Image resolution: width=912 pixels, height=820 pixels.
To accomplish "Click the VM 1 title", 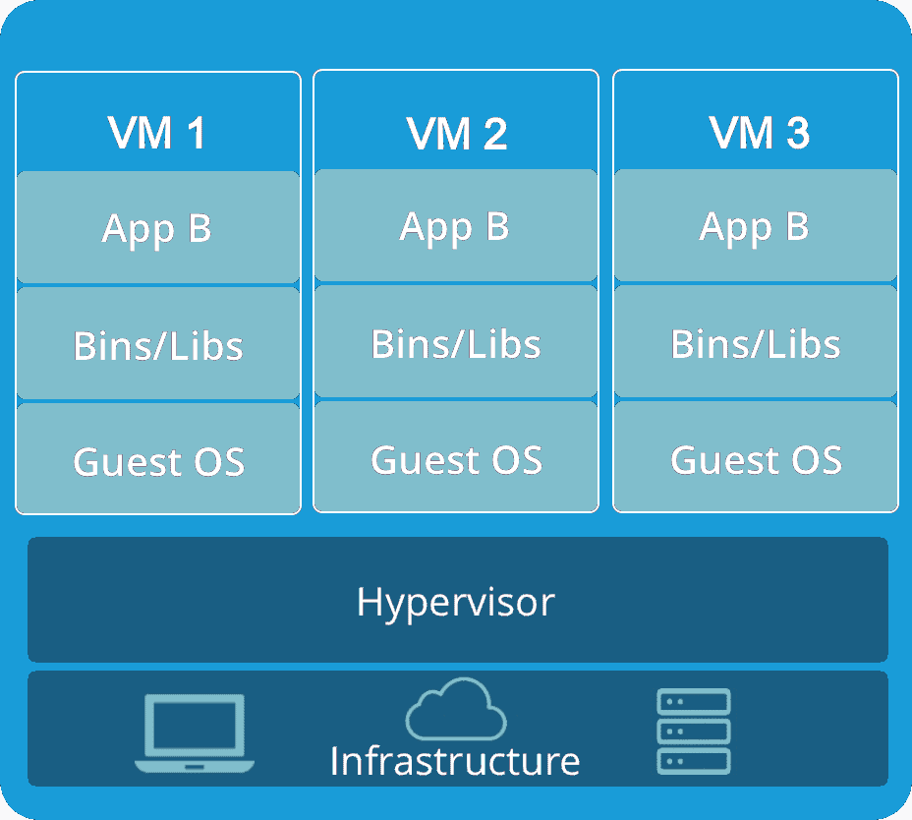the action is pos(156,133).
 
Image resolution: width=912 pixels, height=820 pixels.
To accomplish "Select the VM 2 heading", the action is pos(457,134).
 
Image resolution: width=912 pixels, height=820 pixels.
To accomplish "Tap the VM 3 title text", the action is pos(759,133).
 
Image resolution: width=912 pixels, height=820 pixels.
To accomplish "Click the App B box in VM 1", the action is pos(158,227).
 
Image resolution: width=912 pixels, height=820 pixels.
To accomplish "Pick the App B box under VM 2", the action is pos(456,226).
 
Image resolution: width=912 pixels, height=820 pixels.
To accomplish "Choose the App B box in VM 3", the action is pos(756,226).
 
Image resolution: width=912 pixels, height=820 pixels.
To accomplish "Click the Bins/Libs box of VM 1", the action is pos(158,343).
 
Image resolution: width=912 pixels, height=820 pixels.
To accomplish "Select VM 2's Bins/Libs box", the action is pos(456,341).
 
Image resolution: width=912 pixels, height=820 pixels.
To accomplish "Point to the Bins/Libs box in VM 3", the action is pos(756,341).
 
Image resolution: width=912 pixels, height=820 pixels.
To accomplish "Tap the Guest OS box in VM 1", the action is pos(158,458).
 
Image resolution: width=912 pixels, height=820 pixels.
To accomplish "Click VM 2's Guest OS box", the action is pos(456,457).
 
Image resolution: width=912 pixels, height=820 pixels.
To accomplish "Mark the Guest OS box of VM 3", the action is pos(756,457).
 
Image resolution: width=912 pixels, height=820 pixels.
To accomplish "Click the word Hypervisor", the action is pos(456,603).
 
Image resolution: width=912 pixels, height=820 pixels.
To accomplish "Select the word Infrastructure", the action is pos(455,761).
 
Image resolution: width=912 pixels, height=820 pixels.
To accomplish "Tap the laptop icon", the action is pos(195,733).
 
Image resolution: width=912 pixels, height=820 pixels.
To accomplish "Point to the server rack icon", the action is pos(694,732).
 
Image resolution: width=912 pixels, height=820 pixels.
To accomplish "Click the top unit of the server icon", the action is pos(694,702).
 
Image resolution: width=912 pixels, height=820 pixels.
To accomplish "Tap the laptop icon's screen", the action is pos(195,725).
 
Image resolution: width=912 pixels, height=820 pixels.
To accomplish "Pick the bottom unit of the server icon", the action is pos(694,762).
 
